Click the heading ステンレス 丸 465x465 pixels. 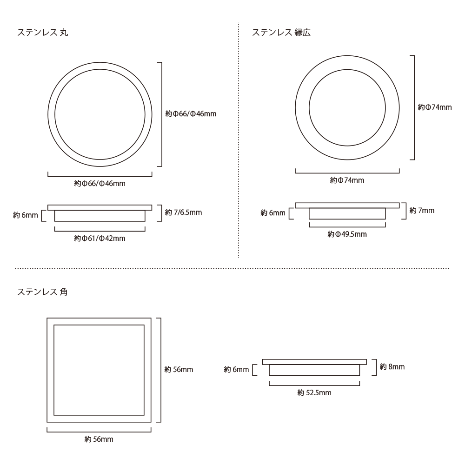43,33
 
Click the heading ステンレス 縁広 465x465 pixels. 281,33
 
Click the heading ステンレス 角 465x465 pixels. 43,292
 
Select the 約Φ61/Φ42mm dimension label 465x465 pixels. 100,238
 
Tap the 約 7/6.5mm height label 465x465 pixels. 183,213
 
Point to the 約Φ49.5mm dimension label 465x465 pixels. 347,234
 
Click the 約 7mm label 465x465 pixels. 422,210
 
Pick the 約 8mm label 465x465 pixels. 392,366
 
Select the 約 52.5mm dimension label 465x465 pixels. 314,392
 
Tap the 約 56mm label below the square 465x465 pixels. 99,439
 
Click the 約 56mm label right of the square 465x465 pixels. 179,369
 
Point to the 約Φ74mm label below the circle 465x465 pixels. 347,180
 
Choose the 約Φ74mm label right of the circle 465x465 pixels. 434,107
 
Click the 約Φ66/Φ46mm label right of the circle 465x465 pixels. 191,113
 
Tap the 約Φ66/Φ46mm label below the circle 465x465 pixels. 100,183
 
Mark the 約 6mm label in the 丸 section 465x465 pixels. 25,215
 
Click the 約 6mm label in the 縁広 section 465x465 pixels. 273,213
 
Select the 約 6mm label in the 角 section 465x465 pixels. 236,369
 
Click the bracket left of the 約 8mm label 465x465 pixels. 374,367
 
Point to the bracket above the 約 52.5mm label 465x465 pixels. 314,384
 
